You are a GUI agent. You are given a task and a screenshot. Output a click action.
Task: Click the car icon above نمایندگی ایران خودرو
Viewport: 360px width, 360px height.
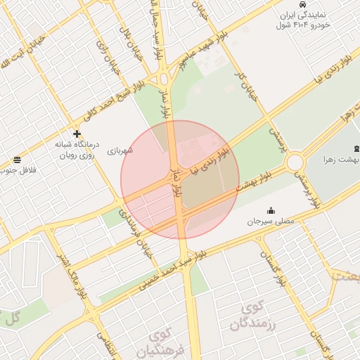302,4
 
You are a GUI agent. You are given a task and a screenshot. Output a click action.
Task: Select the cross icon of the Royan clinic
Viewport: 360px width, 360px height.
77,134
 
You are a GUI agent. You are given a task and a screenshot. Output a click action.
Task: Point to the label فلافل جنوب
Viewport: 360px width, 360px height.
19,170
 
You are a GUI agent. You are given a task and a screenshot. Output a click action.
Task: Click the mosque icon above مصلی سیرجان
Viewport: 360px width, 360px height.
271,210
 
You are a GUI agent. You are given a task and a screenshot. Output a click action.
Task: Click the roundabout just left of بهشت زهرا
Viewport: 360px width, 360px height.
295,162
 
